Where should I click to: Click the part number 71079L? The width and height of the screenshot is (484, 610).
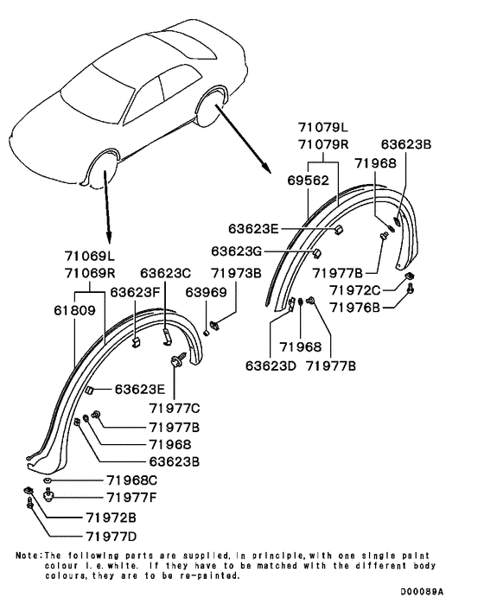[x=323, y=127]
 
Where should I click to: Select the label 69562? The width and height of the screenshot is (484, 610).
[x=309, y=180]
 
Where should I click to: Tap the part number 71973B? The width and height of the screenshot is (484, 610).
[x=236, y=273]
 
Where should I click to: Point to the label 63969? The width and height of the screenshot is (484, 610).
[x=206, y=292]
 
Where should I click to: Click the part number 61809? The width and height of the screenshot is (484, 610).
[x=74, y=310]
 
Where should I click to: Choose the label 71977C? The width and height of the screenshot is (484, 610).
[x=175, y=408]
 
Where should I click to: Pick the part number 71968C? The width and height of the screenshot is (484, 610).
[x=132, y=480]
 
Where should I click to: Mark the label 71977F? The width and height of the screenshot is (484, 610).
[x=131, y=497]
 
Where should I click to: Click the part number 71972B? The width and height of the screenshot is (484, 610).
[x=111, y=518]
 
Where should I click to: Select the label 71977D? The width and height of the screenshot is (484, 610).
[x=111, y=537]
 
